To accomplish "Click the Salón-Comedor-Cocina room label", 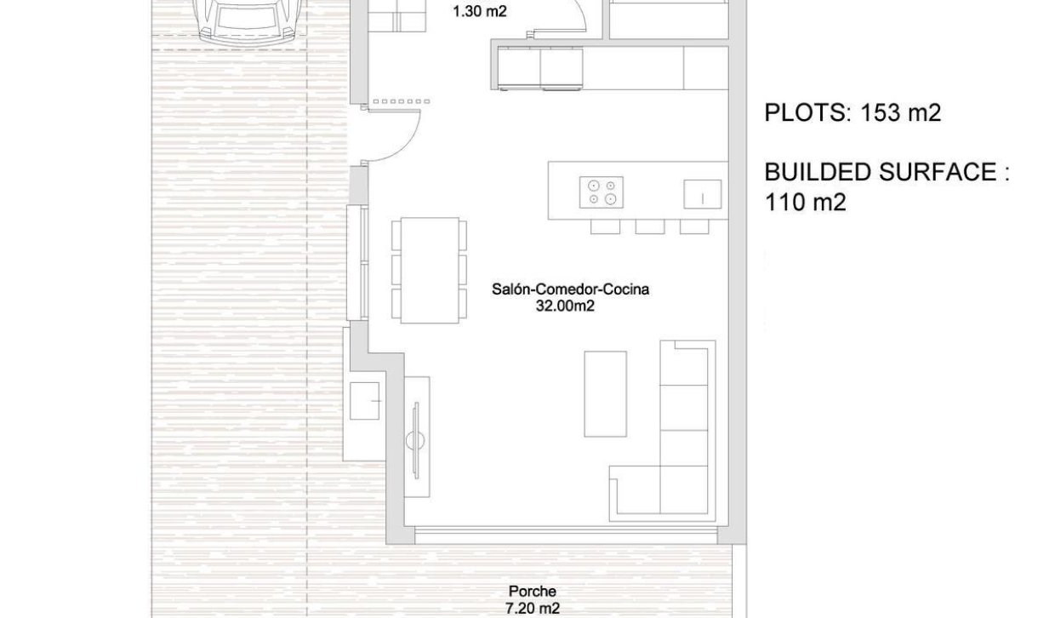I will click(570, 289).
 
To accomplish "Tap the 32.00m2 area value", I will click(565, 306).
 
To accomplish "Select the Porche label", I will click(533, 592).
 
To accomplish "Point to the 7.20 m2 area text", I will click(533, 608).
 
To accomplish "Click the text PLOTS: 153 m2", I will click(853, 113).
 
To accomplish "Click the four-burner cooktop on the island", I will click(601, 192).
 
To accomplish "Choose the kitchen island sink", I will click(703, 194).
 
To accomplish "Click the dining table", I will click(429, 271).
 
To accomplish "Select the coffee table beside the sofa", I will click(605, 393).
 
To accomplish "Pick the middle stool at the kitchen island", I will click(649, 226).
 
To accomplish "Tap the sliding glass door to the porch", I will click(566, 535).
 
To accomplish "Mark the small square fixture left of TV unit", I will click(368, 400).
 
